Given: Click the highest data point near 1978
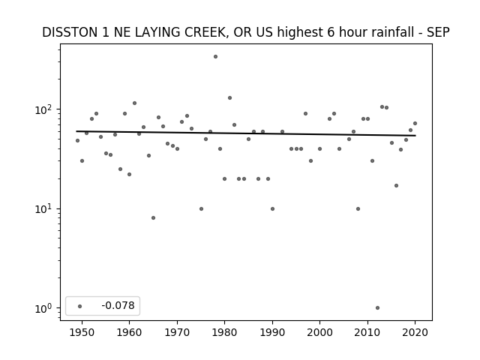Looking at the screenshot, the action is coord(215,57).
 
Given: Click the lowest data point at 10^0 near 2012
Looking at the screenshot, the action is coord(377,308).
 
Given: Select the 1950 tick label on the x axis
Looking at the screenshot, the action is coord(82,332).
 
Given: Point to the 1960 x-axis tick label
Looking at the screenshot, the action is coord(129,332).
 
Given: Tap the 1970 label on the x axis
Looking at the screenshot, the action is coord(177,332).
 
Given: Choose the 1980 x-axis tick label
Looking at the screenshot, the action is coord(224,332).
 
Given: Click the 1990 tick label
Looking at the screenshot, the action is coord(272,332).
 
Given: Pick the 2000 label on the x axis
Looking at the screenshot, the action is coord(319,332).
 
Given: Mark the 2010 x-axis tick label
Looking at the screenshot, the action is coord(367,332).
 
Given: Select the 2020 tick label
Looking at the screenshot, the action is coord(415,332).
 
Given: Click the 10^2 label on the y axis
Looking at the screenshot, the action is coord(43,110).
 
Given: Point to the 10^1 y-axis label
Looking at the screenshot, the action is coord(43,209).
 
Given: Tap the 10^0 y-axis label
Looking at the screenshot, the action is coord(43,308).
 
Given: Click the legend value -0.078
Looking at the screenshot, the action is coord(118,305).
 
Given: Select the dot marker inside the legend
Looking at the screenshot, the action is coord(80,306).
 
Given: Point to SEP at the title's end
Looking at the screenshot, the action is coord(438,32).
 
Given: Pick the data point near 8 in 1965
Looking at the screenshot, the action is coord(153,218).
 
